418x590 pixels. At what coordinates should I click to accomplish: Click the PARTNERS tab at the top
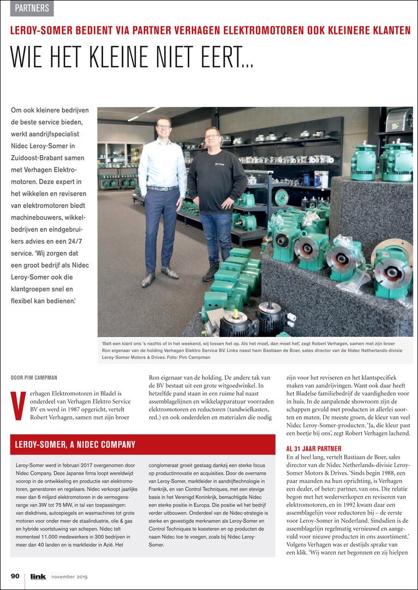[x=32, y=8]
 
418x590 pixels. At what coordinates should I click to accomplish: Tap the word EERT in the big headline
[x=228, y=56]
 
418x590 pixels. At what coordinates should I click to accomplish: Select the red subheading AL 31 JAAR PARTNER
[x=314, y=449]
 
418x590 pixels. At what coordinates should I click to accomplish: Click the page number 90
[x=15, y=576]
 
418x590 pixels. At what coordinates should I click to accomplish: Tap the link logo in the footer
[x=38, y=576]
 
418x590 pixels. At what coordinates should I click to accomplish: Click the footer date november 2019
[x=69, y=576]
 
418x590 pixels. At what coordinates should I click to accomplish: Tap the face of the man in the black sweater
[x=212, y=135]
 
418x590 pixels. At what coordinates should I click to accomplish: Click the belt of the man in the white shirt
[x=162, y=188]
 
